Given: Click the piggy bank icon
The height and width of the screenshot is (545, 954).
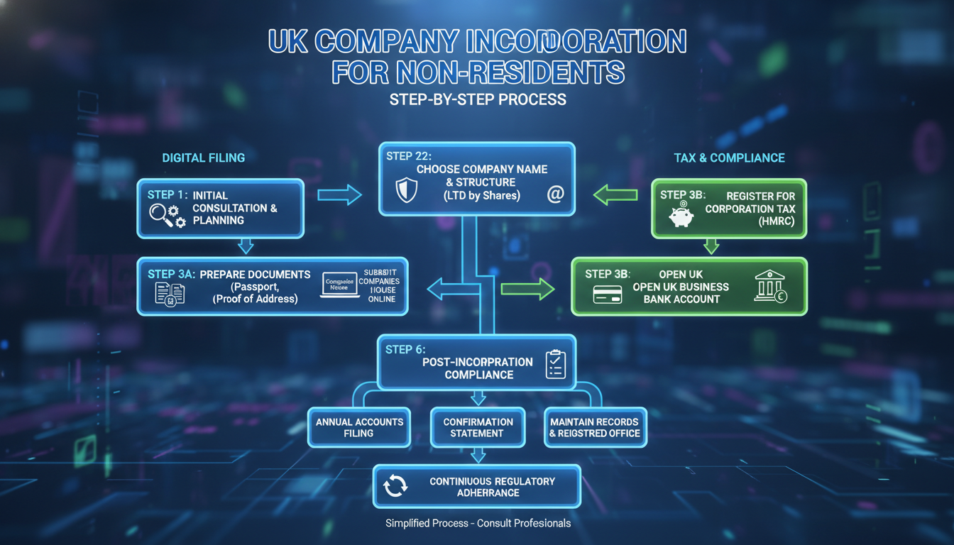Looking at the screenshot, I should (x=681, y=216).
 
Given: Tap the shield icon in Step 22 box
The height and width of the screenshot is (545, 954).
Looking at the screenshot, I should (x=405, y=190).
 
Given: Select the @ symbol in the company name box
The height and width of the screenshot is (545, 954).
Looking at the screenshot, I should (x=554, y=194).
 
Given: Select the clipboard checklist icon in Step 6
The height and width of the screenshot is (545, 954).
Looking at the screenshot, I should (x=554, y=365).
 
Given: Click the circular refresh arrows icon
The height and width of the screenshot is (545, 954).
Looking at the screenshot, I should (x=395, y=485).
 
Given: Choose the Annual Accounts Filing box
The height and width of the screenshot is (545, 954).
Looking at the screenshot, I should (x=358, y=427).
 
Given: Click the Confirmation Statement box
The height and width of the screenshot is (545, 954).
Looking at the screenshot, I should (x=478, y=427).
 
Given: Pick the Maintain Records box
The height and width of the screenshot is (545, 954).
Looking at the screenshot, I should (x=595, y=427).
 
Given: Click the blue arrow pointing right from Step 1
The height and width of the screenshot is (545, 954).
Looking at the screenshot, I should (x=339, y=194).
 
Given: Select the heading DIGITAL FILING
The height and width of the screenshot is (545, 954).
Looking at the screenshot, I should (x=203, y=158).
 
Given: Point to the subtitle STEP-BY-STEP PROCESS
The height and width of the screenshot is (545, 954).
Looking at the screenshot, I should (x=478, y=99).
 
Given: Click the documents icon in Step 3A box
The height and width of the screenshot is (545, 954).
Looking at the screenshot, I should (x=169, y=292).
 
